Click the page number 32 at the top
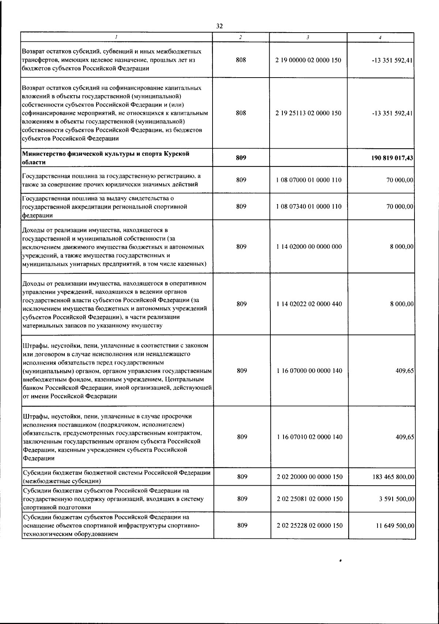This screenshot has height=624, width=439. tap(219, 26)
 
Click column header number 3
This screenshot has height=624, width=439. tap(308, 37)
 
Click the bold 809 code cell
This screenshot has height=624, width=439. tap(241, 158)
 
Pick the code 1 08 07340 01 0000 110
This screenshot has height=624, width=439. tap(309, 206)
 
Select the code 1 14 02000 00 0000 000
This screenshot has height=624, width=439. tap(309, 247)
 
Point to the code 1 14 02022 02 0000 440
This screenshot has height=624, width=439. tap(309, 304)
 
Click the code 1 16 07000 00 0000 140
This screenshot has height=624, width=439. tap(309, 371)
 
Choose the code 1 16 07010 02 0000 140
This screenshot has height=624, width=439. tap(309, 437)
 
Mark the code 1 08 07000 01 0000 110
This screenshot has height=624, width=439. tap(309, 180)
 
